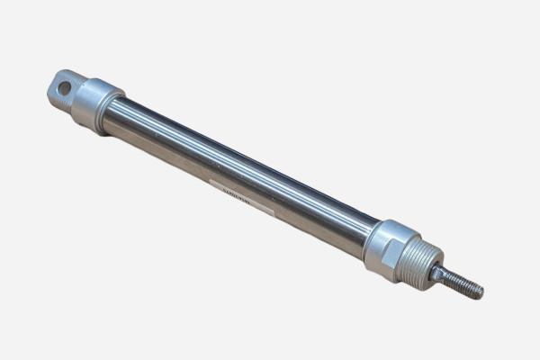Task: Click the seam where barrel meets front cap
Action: pyautogui.click(x=370, y=236)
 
